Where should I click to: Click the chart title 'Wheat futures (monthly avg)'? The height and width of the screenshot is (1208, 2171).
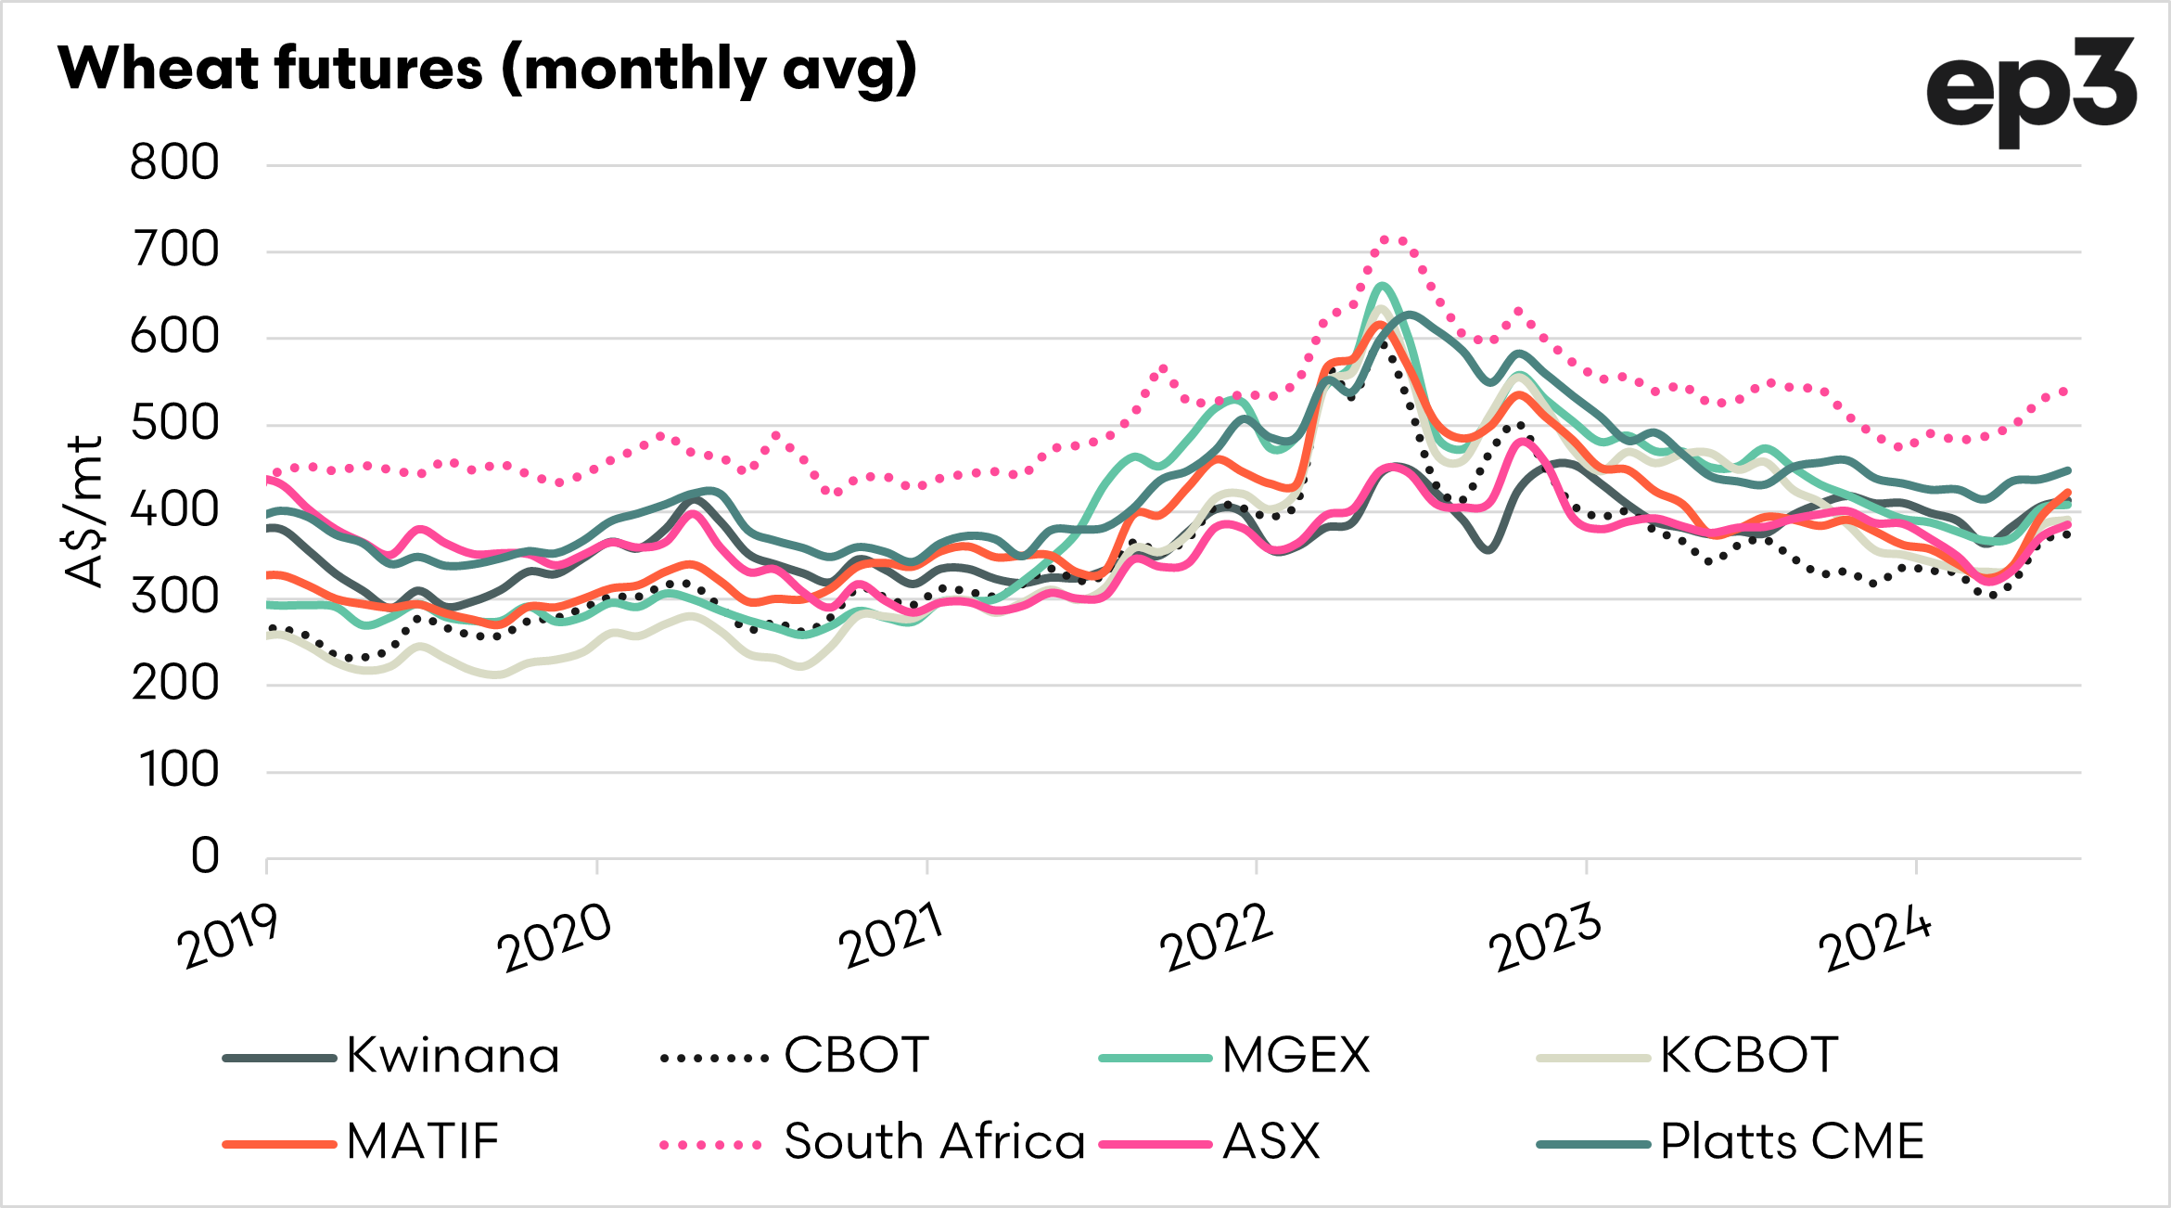pos(487,70)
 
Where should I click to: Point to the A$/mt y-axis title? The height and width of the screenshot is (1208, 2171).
pos(84,510)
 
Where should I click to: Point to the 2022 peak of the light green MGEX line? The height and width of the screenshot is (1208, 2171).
pos(1382,286)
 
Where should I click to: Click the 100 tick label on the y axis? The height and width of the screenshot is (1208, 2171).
pos(179,770)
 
